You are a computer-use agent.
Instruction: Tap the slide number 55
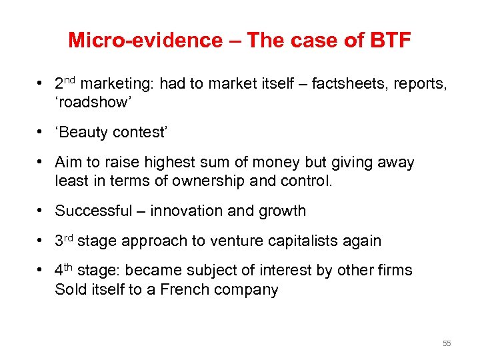click(446, 343)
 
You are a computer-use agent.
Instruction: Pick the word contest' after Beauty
click(141, 132)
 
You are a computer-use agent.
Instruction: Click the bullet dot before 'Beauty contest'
click(41, 132)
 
